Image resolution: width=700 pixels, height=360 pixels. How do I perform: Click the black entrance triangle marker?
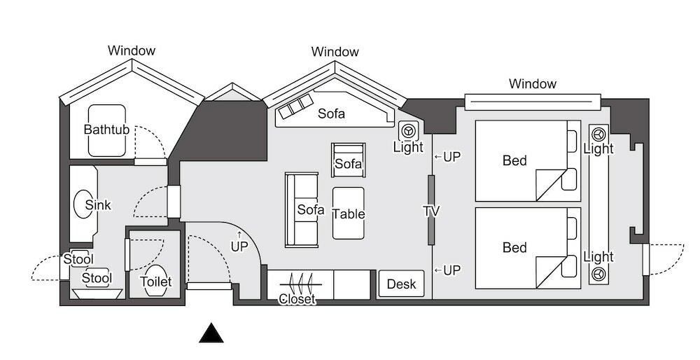coord(211,333)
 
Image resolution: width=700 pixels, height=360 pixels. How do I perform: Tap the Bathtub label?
coord(106,130)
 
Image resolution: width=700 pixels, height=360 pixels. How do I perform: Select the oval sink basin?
coord(83,204)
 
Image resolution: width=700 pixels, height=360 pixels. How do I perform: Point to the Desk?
coord(401,284)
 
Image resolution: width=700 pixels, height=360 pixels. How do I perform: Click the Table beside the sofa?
coord(348,213)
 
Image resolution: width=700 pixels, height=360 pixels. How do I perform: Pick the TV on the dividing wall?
coord(431,210)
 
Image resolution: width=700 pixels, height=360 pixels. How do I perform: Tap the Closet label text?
coord(297,299)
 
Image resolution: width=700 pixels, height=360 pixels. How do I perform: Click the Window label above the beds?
coord(533,83)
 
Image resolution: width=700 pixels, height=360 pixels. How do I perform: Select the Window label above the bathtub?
coord(132,50)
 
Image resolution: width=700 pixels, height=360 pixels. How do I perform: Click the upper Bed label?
coord(514,160)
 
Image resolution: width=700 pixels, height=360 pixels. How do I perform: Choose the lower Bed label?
coord(514,247)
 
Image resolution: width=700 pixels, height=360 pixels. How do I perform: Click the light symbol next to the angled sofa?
coord(407,131)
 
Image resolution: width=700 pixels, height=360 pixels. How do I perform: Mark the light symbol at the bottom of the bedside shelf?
coord(598,273)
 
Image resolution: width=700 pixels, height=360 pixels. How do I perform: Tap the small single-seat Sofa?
coord(348,160)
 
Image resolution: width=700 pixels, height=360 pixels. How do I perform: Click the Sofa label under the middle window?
coord(331,113)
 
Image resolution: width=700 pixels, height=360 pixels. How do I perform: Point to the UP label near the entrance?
coord(239,246)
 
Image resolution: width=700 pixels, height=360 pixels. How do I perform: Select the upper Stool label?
coord(78,259)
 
